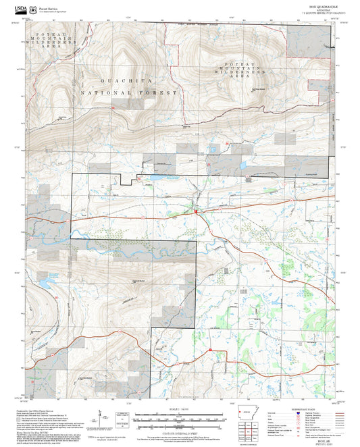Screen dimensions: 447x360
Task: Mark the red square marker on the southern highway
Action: (211, 349)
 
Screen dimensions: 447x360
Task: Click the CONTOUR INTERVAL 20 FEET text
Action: (180, 430)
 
